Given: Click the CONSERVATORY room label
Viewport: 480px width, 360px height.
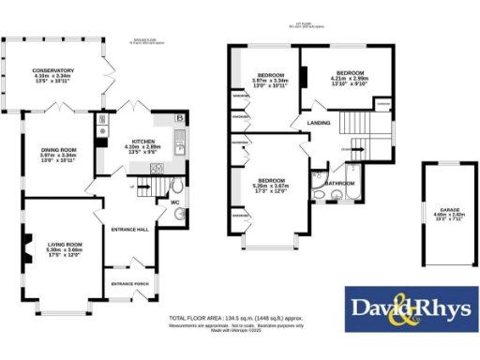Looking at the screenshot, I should pos(52,68).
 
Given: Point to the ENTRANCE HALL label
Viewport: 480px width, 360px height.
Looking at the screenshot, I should pos(129,229).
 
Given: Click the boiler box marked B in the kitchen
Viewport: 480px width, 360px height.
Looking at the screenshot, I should pos(178,119).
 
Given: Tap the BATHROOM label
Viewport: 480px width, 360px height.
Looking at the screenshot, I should pos(339,183).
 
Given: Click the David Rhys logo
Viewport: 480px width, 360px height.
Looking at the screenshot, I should pos(409,307).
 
